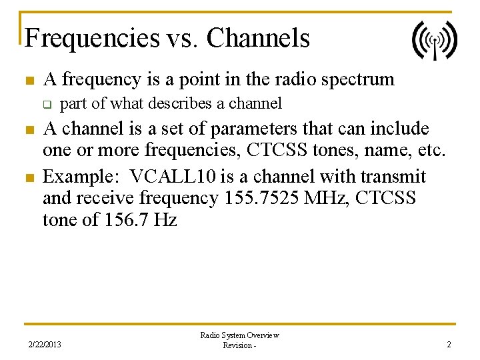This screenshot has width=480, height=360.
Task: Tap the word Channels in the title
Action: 258,38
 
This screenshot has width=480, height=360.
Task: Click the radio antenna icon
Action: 434,40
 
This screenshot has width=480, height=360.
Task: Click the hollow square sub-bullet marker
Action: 47,104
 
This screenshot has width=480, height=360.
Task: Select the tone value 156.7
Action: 129,219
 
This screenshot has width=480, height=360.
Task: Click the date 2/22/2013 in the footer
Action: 45,345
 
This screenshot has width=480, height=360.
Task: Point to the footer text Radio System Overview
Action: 239,335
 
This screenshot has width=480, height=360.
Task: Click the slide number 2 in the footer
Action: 449,345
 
